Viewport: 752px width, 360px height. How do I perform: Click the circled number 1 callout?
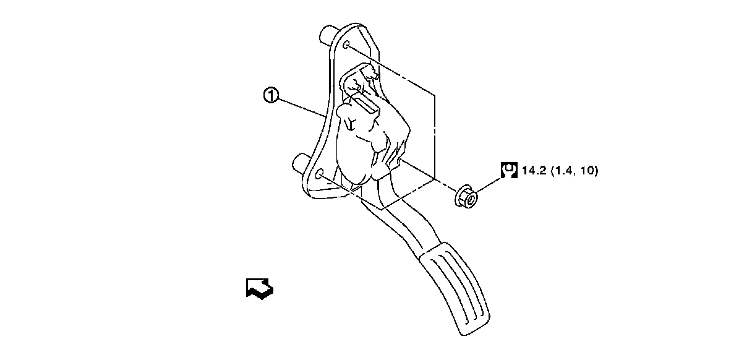[x=271, y=96]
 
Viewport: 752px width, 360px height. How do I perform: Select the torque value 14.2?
[x=533, y=171]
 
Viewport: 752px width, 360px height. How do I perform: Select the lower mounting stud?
[x=300, y=163]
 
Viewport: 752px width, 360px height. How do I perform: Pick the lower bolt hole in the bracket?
[x=319, y=175]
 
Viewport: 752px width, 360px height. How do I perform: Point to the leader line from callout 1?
[x=300, y=106]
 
